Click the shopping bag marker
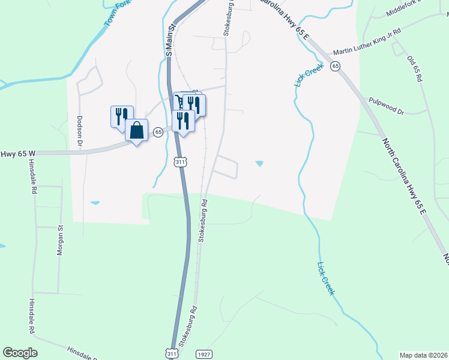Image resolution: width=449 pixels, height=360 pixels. click(137, 130)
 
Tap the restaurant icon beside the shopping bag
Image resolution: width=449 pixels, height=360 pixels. click(122, 116)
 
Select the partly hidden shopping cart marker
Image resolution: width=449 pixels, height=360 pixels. click(179, 101)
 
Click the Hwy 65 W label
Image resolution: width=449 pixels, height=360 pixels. click(15, 154)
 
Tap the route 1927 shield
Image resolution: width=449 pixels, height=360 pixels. click(205, 355)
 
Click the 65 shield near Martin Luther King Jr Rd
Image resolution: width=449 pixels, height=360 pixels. click(335, 66)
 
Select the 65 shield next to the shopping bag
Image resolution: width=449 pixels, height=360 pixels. click(158, 132)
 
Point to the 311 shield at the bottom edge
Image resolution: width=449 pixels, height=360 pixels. click(172, 355)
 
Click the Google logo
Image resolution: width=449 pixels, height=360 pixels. click(20, 353)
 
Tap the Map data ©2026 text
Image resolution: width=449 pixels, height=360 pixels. click(424, 355)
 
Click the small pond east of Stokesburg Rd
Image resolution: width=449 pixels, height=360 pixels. click(259, 163)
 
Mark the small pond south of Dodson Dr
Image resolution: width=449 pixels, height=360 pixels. click(95, 203)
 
